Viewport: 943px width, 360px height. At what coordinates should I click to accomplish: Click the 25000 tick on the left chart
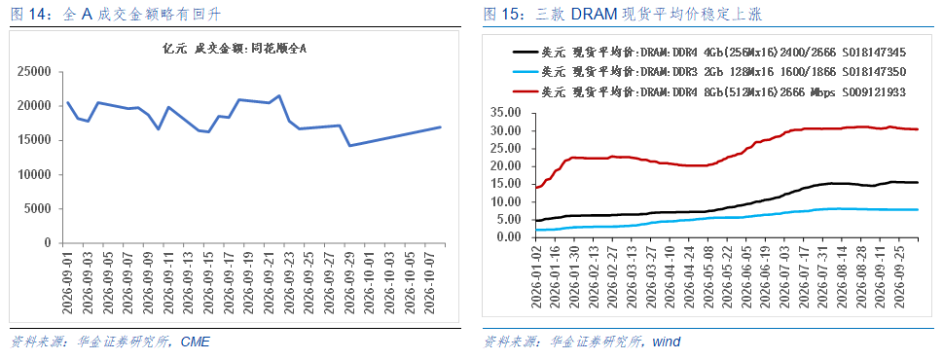coord(38,72)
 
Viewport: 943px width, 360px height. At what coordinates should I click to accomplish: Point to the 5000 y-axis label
coord(41,209)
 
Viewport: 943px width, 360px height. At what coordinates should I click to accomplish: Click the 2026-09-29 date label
coord(347,280)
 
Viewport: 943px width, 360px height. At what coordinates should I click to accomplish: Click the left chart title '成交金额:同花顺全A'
coord(250,49)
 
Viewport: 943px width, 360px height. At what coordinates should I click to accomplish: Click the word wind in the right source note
coord(667,342)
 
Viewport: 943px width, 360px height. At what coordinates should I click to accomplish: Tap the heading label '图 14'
coord(26,15)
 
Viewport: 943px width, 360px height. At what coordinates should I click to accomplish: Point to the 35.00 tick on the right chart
coord(511,113)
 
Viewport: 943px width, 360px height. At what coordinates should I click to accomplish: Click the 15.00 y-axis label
coord(511,184)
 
